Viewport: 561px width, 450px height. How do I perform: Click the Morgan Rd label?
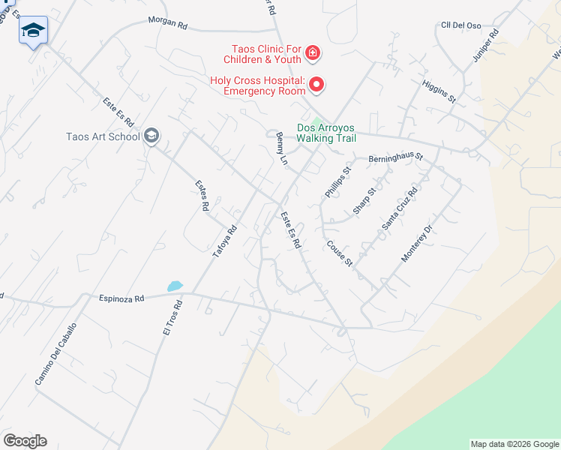[167, 24]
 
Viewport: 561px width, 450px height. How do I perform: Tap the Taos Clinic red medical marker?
[312, 55]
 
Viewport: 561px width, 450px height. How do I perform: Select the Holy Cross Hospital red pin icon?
[316, 85]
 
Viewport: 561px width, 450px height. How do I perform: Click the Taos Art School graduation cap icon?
[151, 136]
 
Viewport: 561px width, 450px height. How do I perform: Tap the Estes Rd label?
[201, 194]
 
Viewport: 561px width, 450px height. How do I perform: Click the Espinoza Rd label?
[121, 298]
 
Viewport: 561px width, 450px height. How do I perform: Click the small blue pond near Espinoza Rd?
[175, 286]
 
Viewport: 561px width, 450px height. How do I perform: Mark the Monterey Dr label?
[417, 242]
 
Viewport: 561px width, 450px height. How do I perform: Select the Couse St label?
[339, 252]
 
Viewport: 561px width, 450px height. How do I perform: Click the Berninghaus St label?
[396, 158]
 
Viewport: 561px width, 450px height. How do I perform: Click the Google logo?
[25, 441]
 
